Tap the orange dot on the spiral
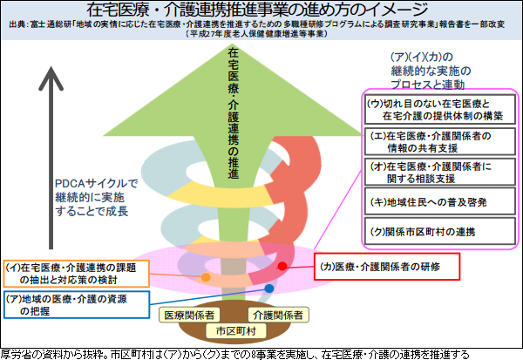(207, 277)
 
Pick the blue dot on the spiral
(270, 287)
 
